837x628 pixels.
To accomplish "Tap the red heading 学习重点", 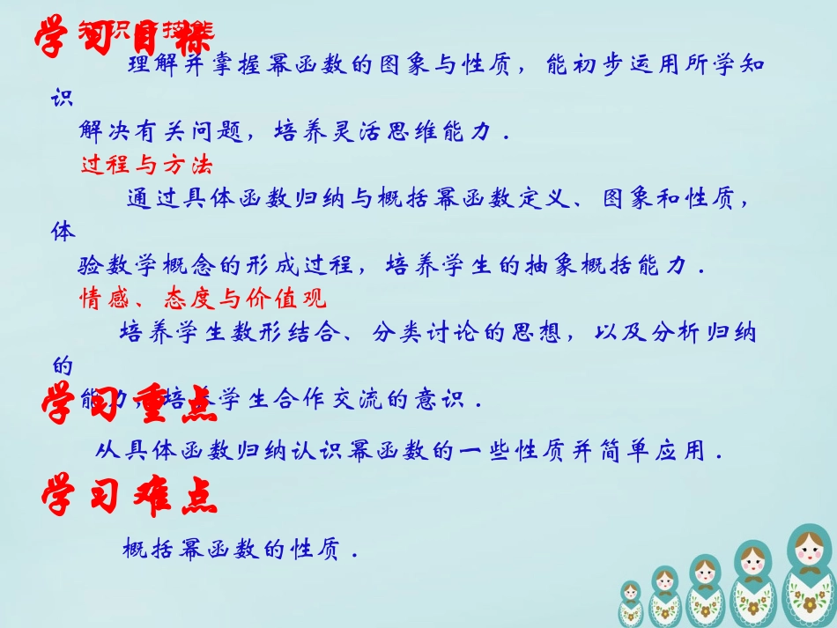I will pyautogui.click(x=129, y=403).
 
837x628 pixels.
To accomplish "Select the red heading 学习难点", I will pyautogui.click(x=129, y=497).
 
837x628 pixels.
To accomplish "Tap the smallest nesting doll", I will pyautogui.click(x=631, y=603).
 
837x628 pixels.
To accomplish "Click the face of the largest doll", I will pyautogui.click(x=809, y=554).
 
